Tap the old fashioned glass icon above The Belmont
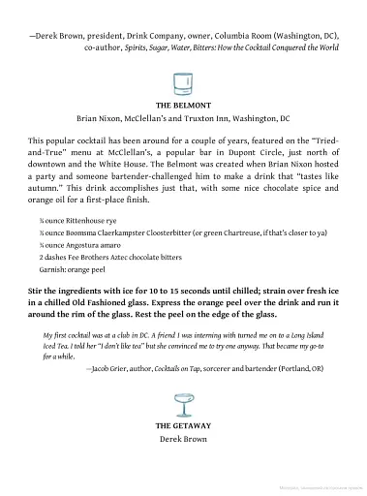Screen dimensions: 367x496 tap(183, 80)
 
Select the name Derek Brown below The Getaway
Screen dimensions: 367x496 tap(183, 440)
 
